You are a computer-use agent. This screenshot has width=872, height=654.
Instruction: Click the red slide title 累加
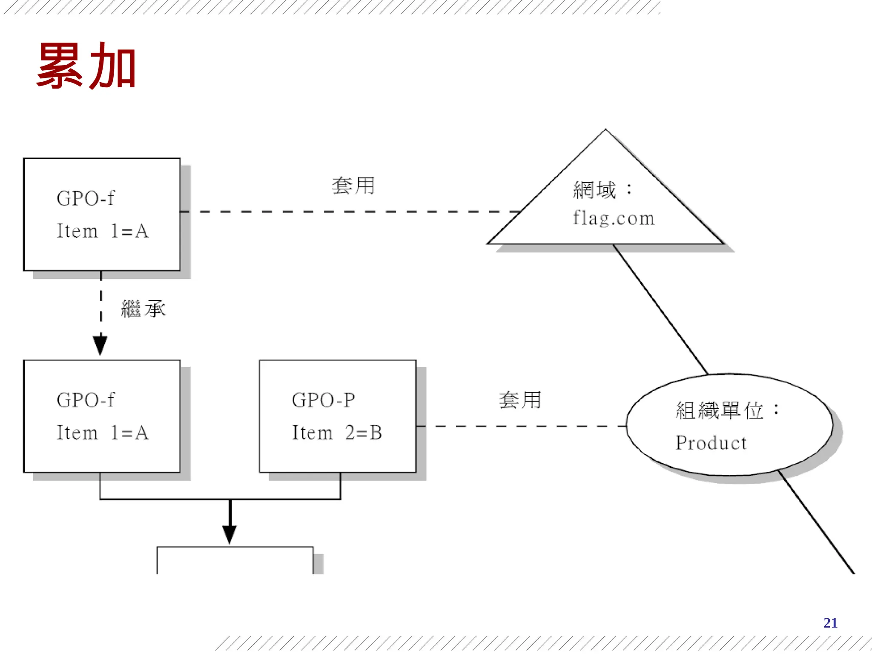[x=86, y=66]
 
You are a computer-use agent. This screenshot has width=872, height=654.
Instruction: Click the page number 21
[x=830, y=623]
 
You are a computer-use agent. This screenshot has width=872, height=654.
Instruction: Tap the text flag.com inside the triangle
[x=613, y=218]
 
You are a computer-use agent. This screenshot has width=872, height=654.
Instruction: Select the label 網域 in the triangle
[x=594, y=190]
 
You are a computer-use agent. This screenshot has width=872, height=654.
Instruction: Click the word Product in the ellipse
[x=711, y=443]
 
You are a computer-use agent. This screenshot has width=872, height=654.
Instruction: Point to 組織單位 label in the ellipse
[x=720, y=410]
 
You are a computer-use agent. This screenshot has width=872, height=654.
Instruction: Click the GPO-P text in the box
[x=323, y=400]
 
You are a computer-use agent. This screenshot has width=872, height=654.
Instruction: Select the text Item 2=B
[x=337, y=433]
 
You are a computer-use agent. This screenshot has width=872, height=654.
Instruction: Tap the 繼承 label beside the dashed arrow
[x=143, y=309]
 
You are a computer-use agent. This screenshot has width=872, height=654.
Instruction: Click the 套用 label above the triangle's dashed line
[x=353, y=186]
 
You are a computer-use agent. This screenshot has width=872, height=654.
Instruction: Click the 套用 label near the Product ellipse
[x=520, y=400]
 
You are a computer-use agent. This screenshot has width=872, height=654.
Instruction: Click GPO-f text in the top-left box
[x=86, y=198]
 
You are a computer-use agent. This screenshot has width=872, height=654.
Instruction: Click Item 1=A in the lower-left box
[x=103, y=433]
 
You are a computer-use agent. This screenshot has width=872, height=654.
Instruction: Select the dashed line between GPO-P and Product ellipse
[x=519, y=426]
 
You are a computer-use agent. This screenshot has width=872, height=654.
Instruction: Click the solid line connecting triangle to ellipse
[x=660, y=309]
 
